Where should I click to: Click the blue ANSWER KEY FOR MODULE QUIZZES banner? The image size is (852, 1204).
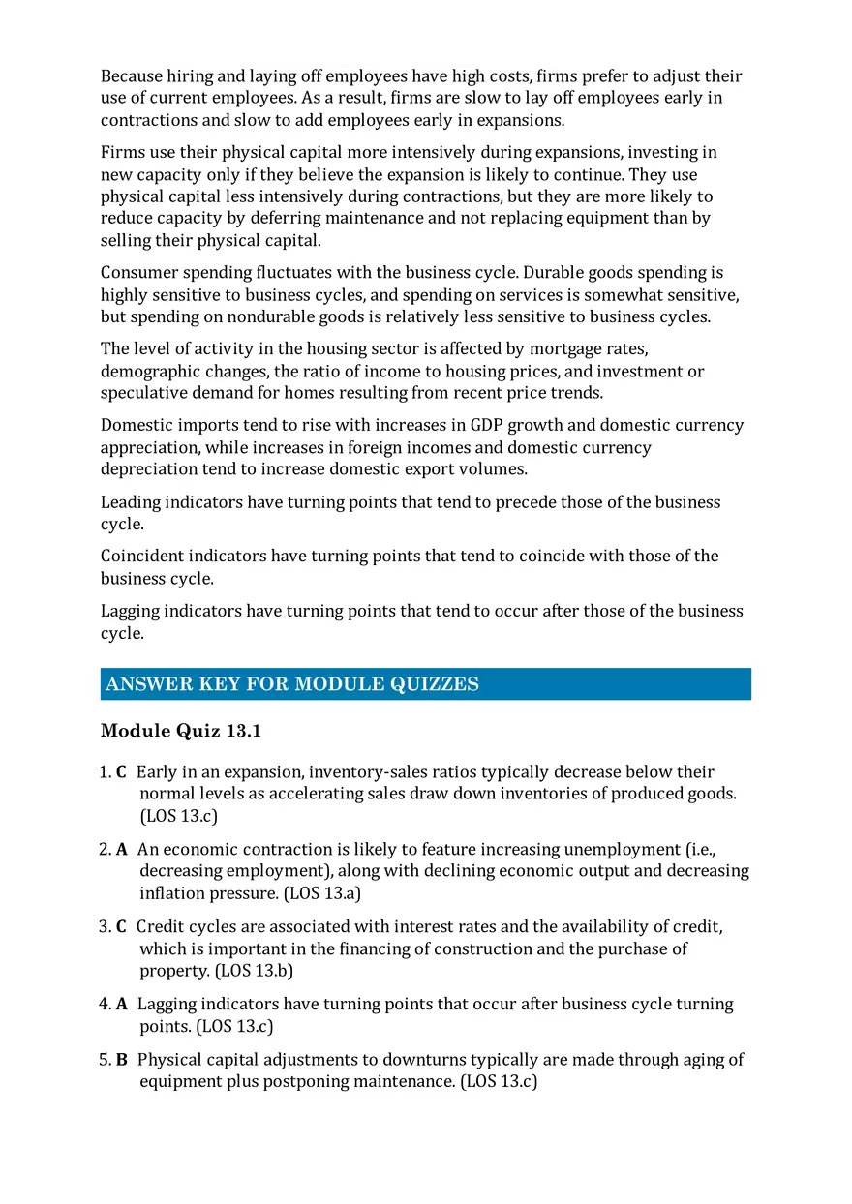pyautogui.click(x=426, y=684)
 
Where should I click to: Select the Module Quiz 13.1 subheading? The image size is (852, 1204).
pyautogui.click(x=181, y=731)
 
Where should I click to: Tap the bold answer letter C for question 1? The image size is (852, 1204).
pyautogui.click(x=121, y=772)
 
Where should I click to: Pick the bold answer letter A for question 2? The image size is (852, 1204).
pyautogui.click(x=121, y=850)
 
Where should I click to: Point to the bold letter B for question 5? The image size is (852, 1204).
pyautogui.click(x=121, y=1060)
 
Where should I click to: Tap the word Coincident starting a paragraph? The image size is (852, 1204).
pyautogui.click(x=141, y=557)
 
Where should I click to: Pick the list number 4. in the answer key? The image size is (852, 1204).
pyautogui.click(x=105, y=1005)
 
